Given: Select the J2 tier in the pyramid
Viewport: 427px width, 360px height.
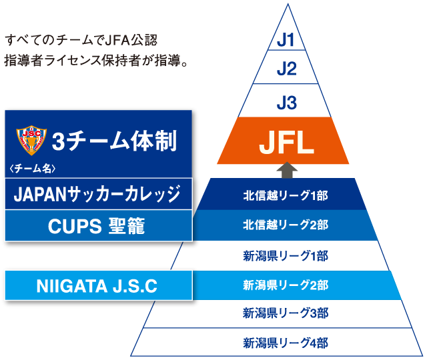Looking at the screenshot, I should [x=286, y=69].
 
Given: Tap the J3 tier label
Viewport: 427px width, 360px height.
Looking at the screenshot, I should [x=286, y=103].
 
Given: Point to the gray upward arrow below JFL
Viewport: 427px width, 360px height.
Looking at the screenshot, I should [x=286, y=169].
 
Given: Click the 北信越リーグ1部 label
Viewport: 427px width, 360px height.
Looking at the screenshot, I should [x=286, y=195].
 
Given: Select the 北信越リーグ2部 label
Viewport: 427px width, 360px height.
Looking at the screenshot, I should [x=286, y=225].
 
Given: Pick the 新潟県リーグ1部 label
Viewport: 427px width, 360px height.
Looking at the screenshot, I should [x=286, y=255].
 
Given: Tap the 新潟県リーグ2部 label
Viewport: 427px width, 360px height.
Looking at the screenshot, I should [x=286, y=285].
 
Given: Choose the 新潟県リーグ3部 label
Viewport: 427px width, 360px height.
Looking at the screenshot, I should [x=286, y=313].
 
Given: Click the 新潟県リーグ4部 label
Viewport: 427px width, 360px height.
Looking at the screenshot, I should [x=286, y=343].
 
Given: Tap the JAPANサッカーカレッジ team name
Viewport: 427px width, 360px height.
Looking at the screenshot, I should [x=97, y=195].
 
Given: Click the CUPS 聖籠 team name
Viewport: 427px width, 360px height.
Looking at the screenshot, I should [x=97, y=226].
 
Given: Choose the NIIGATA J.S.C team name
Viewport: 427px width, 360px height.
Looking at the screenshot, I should [x=97, y=287].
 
